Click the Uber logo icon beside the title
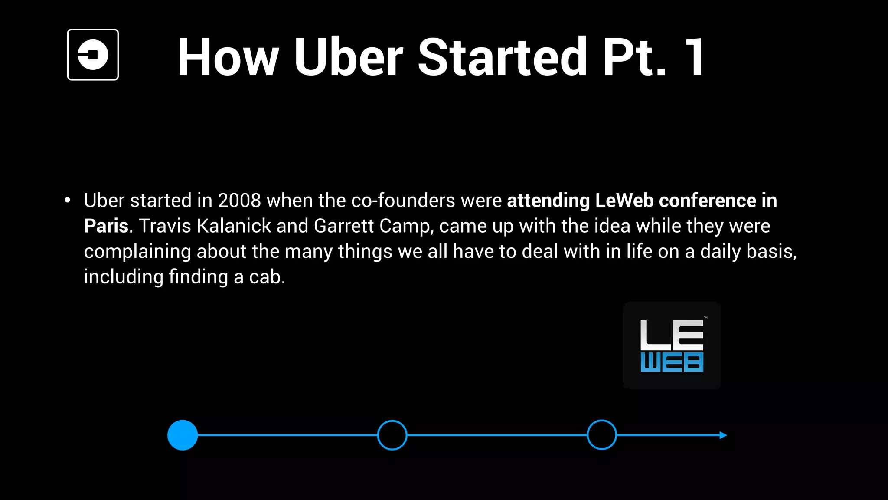click(93, 55)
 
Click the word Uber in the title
click(348, 57)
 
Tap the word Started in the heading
click(502, 57)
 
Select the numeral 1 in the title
click(694, 57)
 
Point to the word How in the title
click(228, 57)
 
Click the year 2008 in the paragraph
click(239, 201)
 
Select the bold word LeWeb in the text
click(624, 201)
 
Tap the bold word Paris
click(106, 226)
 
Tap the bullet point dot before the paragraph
click(67, 201)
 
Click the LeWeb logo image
click(672, 345)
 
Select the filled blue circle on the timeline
click(183, 435)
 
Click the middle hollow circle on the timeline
click(392, 435)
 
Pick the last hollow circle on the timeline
click(601, 435)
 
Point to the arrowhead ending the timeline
click(723, 435)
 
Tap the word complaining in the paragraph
click(137, 252)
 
